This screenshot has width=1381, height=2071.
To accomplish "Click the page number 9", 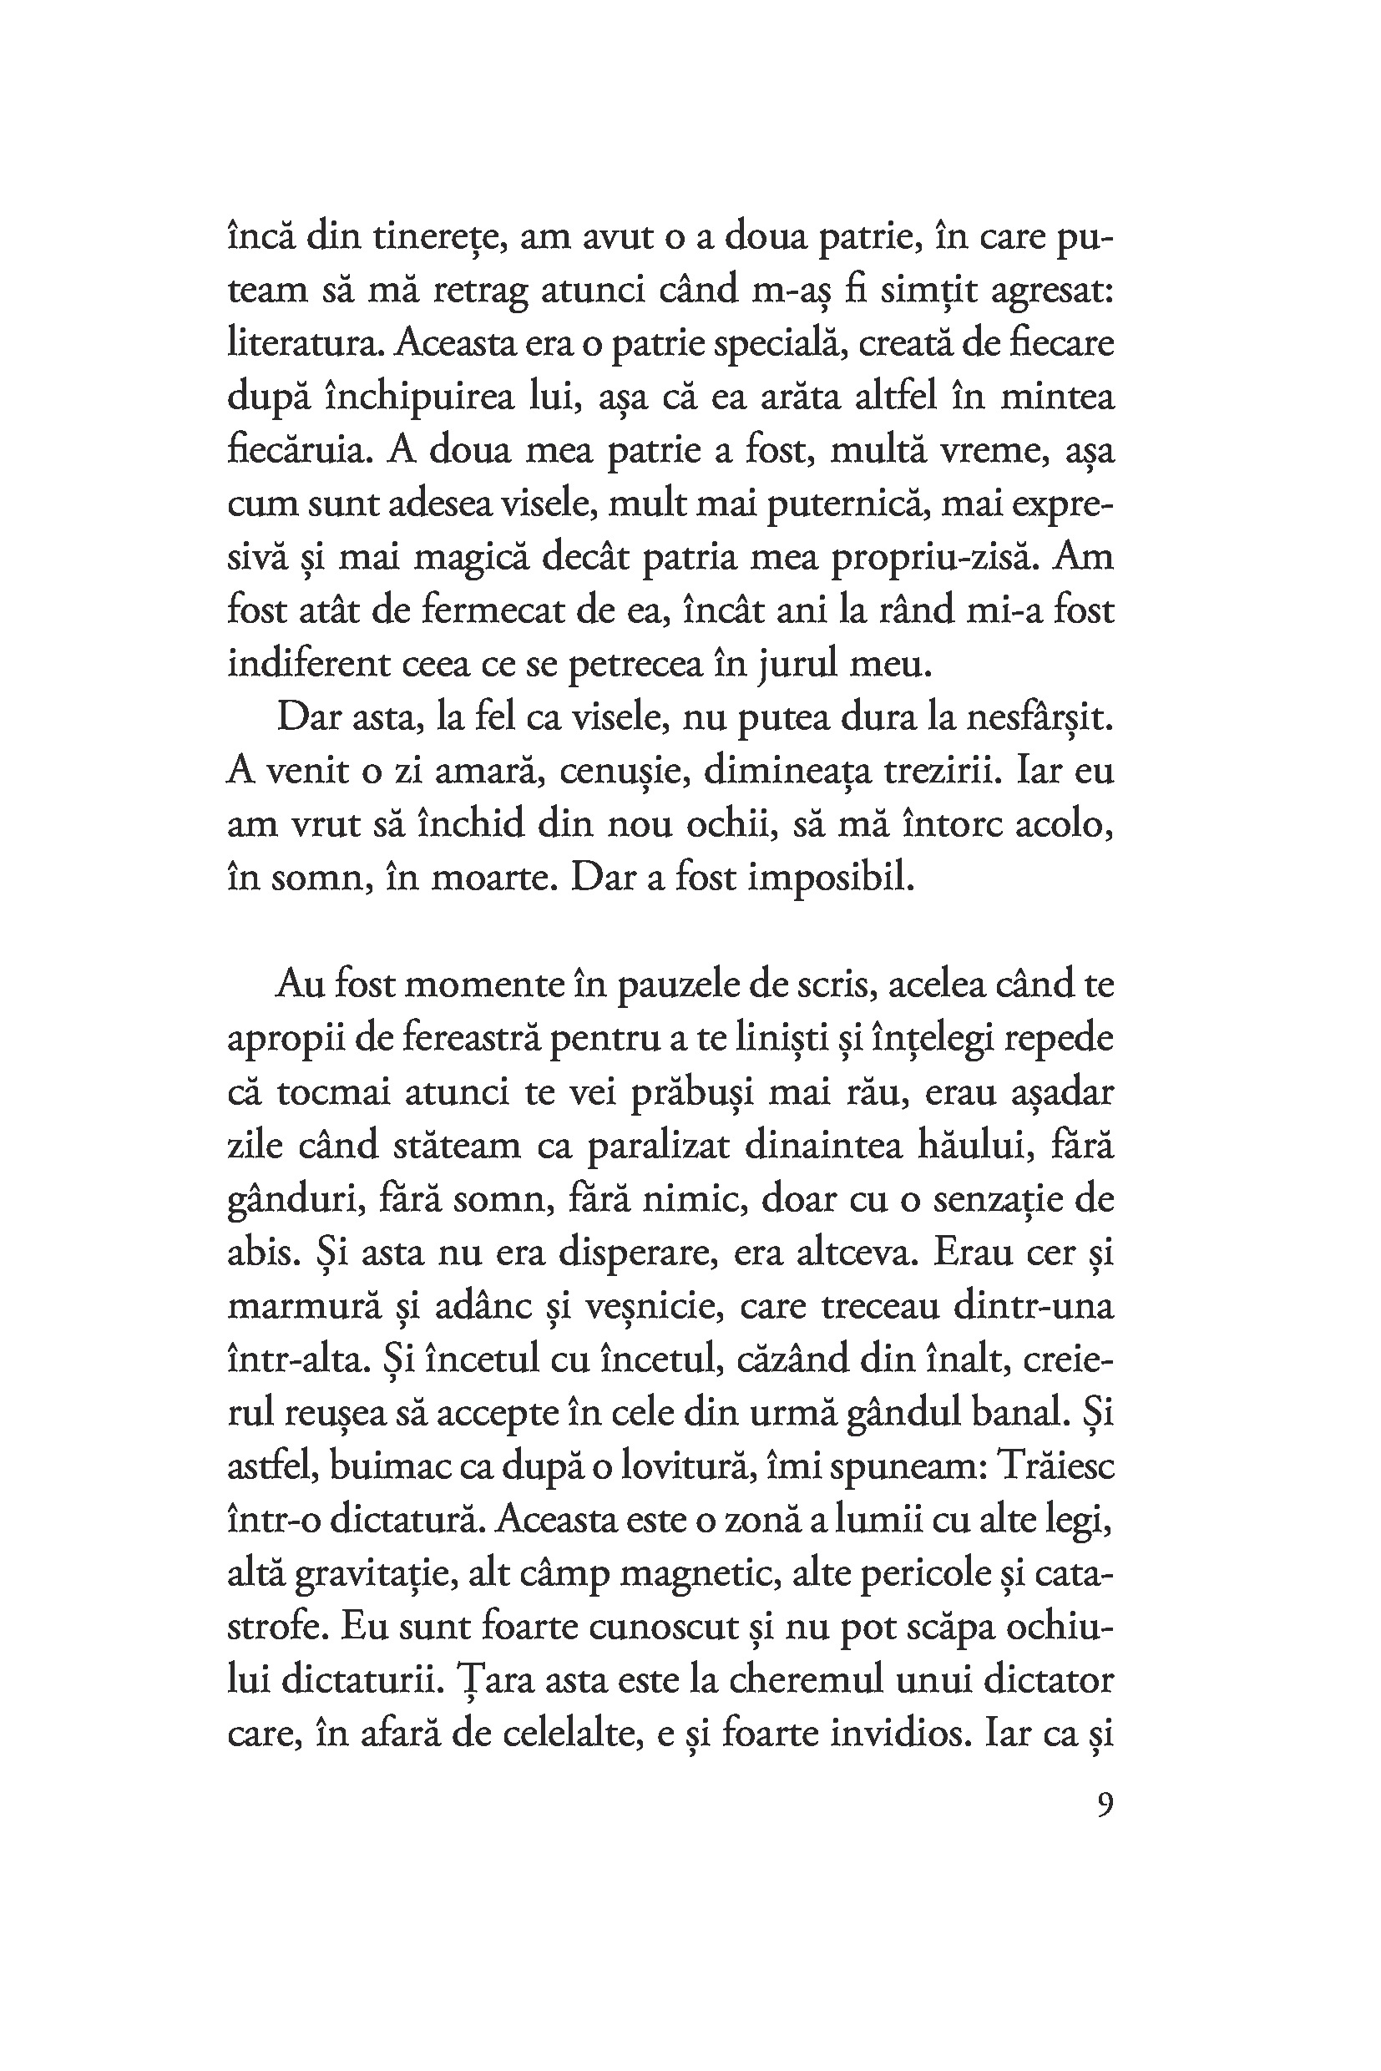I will point(1105,1805).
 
